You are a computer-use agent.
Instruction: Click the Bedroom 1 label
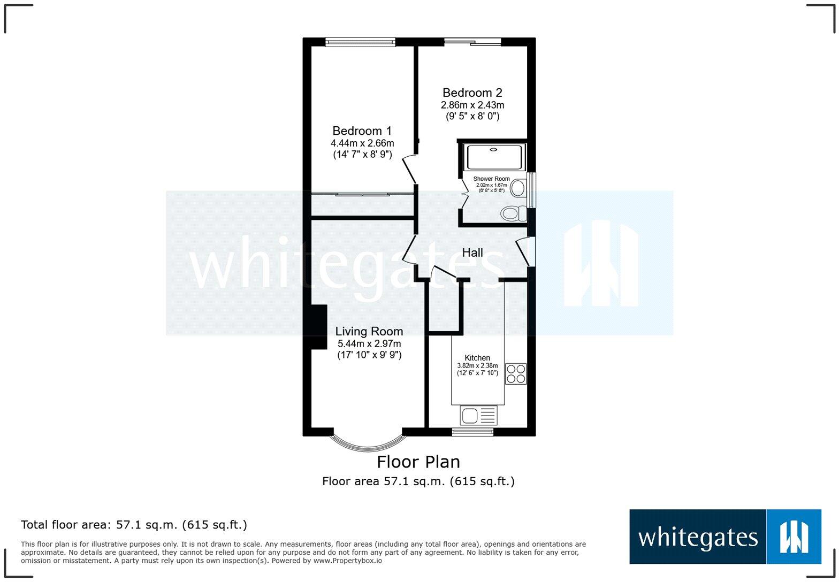362,131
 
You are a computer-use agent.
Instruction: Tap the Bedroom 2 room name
472,93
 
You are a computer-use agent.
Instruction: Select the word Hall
472,252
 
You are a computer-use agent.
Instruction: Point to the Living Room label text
369,332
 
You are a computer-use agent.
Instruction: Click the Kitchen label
477,358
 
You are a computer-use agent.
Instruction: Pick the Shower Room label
491,179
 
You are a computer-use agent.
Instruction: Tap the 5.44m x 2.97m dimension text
369,344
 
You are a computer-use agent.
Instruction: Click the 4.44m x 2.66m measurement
362,143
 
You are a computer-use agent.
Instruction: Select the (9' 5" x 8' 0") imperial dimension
472,116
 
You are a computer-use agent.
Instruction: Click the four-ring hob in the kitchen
516,374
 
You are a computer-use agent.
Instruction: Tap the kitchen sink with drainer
478,415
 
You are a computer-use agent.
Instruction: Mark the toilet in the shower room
514,214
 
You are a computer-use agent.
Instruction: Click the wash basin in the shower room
518,188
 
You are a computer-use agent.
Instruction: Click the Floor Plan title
418,462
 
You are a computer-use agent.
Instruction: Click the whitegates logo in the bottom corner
725,537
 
